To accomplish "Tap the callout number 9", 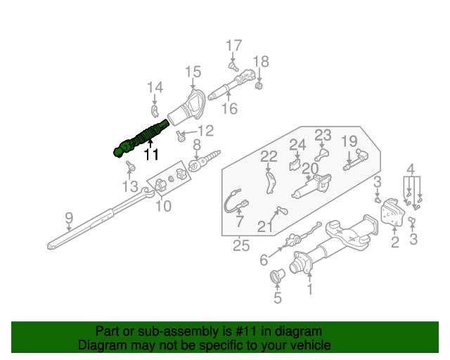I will click(68, 218).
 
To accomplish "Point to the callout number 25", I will click(241, 245).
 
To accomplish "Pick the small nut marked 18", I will click(259, 86).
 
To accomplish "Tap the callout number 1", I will click(310, 288).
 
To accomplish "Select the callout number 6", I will click(264, 260).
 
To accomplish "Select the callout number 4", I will click(411, 168).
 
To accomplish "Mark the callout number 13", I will click(129, 186).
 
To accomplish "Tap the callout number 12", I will click(205, 130).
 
